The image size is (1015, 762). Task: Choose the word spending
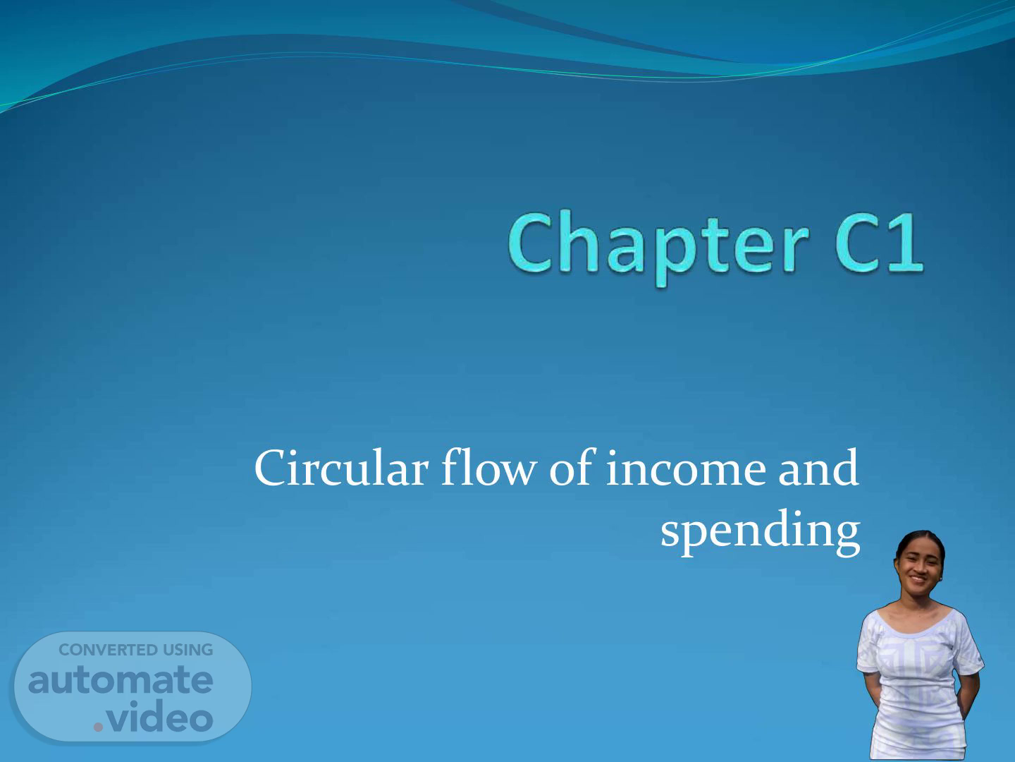point(761,532)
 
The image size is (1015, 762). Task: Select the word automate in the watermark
point(121,680)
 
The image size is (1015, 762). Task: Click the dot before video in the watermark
point(98,727)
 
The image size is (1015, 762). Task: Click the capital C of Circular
point(269,468)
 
